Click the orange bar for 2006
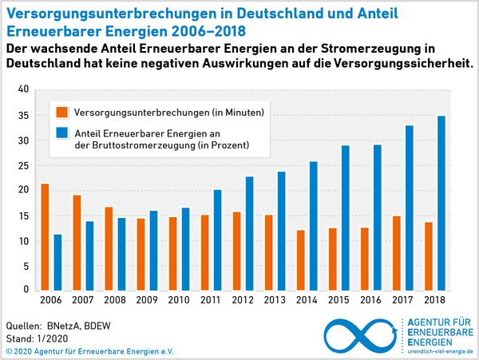click(45, 237)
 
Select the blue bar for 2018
click(441, 203)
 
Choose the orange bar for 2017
click(396, 252)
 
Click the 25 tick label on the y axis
click(23, 165)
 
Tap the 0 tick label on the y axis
click(26, 291)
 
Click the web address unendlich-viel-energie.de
click(440, 350)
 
